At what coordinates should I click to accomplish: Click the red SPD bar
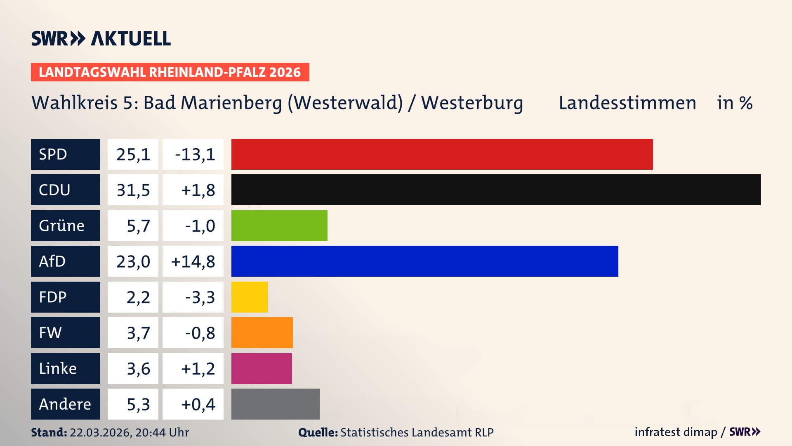tap(442, 154)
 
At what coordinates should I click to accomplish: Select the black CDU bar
tap(496, 190)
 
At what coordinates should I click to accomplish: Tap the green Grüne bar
tap(279, 225)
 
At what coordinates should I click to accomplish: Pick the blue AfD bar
tap(424, 261)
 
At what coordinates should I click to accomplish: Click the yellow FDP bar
tap(249, 297)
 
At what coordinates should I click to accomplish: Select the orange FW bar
tap(262, 332)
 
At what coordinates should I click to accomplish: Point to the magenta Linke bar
tap(262, 368)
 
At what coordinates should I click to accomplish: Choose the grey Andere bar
tap(275, 404)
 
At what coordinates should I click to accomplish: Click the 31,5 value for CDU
tap(133, 190)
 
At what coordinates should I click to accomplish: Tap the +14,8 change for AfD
tap(193, 261)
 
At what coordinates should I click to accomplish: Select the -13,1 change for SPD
tap(195, 154)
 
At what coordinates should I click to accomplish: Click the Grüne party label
tap(62, 225)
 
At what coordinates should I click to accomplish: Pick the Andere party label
tap(65, 404)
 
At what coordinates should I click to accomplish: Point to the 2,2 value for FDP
tap(138, 297)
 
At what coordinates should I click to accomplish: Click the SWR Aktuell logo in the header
tap(101, 38)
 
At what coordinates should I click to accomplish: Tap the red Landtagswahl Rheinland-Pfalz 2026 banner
tap(170, 72)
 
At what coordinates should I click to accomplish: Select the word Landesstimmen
tap(627, 103)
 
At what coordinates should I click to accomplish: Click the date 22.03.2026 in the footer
tap(100, 432)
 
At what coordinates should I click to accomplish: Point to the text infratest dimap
tap(675, 432)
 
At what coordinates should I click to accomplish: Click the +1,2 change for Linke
tap(198, 369)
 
